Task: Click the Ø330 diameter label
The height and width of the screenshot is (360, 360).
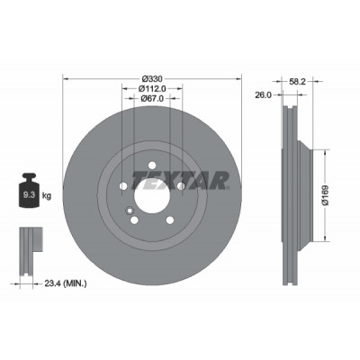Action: (x=152, y=79)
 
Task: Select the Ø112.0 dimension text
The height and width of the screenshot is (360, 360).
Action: (x=152, y=88)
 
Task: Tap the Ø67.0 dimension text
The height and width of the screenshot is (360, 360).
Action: (x=152, y=98)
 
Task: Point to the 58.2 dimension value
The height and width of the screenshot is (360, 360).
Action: (x=297, y=81)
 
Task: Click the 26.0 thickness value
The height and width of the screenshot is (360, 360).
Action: (x=263, y=95)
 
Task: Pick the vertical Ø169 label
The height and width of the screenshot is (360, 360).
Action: (x=326, y=195)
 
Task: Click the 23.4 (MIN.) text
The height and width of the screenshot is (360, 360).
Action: (x=66, y=283)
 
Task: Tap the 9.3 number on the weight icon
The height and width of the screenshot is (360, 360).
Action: (x=29, y=195)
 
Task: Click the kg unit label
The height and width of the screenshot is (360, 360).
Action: (x=47, y=196)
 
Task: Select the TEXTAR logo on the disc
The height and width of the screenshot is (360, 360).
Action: (x=181, y=181)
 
